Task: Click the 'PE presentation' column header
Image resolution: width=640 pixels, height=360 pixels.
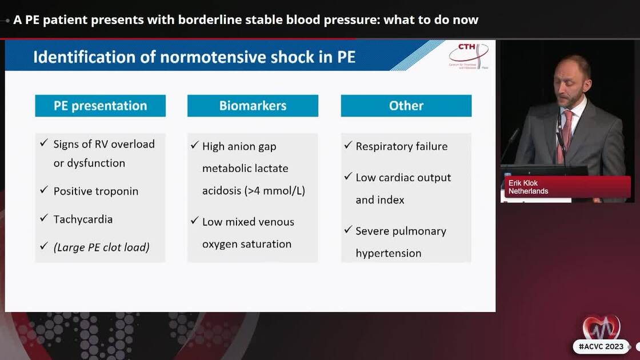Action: click(x=101, y=106)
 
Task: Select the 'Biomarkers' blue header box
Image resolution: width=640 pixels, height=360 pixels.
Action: click(x=253, y=106)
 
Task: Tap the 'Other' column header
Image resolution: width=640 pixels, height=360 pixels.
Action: click(x=406, y=106)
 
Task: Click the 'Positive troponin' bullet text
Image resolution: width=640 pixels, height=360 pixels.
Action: click(x=96, y=191)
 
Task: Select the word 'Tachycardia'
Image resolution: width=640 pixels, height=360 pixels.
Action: click(x=83, y=219)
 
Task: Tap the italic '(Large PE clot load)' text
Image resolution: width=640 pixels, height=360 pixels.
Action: click(x=101, y=247)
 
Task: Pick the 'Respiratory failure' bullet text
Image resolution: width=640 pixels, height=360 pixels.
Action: click(x=402, y=147)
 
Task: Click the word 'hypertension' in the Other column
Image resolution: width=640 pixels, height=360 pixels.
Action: click(x=389, y=253)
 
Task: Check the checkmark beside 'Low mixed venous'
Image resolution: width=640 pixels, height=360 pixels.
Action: click(x=195, y=221)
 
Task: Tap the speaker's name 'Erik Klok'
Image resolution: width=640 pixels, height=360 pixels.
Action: click(x=523, y=183)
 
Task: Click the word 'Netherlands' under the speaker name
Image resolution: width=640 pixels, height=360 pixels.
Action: click(x=529, y=191)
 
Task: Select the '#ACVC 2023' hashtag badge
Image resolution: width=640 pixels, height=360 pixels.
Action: click(x=601, y=346)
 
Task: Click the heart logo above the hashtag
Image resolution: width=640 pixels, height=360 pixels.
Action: click(x=601, y=327)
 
